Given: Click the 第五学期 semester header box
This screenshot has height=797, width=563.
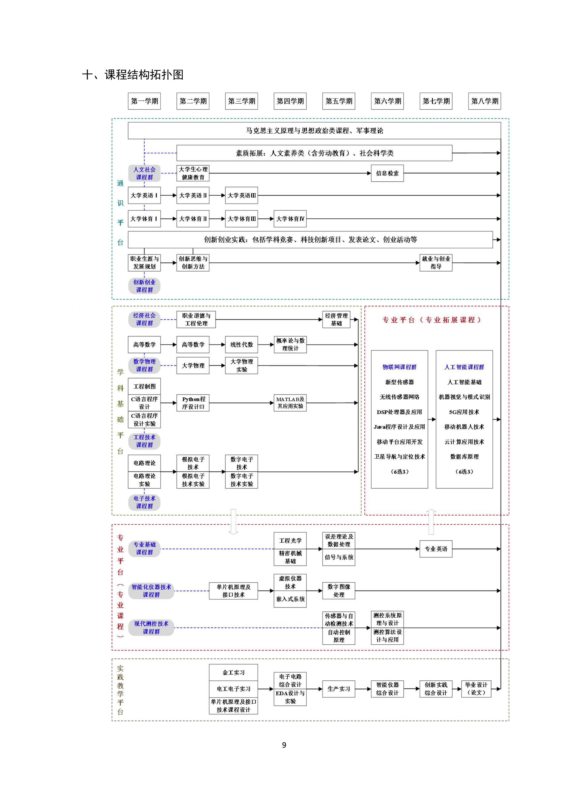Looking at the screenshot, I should (x=339, y=101).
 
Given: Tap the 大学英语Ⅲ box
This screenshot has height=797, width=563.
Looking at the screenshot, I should (x=242, y=195).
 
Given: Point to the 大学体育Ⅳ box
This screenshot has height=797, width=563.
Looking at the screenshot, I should (x=290, y=219).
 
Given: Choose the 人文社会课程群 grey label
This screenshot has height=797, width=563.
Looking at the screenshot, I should (x=144, y=173).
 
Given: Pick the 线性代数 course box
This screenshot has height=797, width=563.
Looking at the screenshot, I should (x=242, y=345).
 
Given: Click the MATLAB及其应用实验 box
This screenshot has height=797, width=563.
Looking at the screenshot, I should (x=290, y=403).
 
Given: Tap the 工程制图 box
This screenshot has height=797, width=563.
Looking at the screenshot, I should (x=144, y=386).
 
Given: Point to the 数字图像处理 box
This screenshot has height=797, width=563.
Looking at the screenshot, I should (x=339, y=590).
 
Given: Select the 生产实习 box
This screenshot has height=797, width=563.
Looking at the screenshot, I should (x=339, y=689).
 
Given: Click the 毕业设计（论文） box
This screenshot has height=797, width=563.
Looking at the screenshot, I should (x=476, y=689).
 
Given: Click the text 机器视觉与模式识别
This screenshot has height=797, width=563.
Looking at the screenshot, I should (x=464, y=397).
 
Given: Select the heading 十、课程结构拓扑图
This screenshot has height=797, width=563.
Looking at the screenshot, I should (x=133, y=75).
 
